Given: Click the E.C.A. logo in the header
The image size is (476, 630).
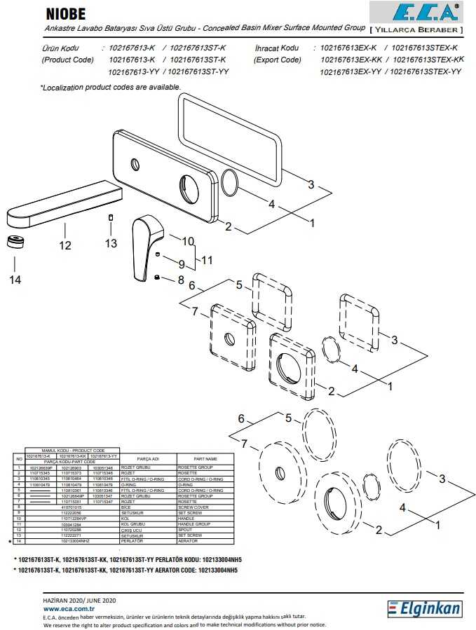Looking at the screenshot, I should pos(416,13).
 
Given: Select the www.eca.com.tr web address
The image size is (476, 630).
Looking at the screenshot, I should pos(69,610).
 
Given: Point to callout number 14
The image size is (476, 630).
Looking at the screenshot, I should pos(15,280).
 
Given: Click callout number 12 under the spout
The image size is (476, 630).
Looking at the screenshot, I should pos(65,245).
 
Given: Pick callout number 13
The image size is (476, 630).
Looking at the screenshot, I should pos(111,243).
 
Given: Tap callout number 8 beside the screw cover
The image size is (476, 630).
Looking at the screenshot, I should pos(180,279).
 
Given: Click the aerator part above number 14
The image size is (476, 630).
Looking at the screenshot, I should pos(15,243).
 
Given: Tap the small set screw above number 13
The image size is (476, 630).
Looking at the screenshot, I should pos(111,219).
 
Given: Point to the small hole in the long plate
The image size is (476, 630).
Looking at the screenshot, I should pos(135,165).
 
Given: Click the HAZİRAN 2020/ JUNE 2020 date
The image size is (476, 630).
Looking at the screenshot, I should pos(79,601).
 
